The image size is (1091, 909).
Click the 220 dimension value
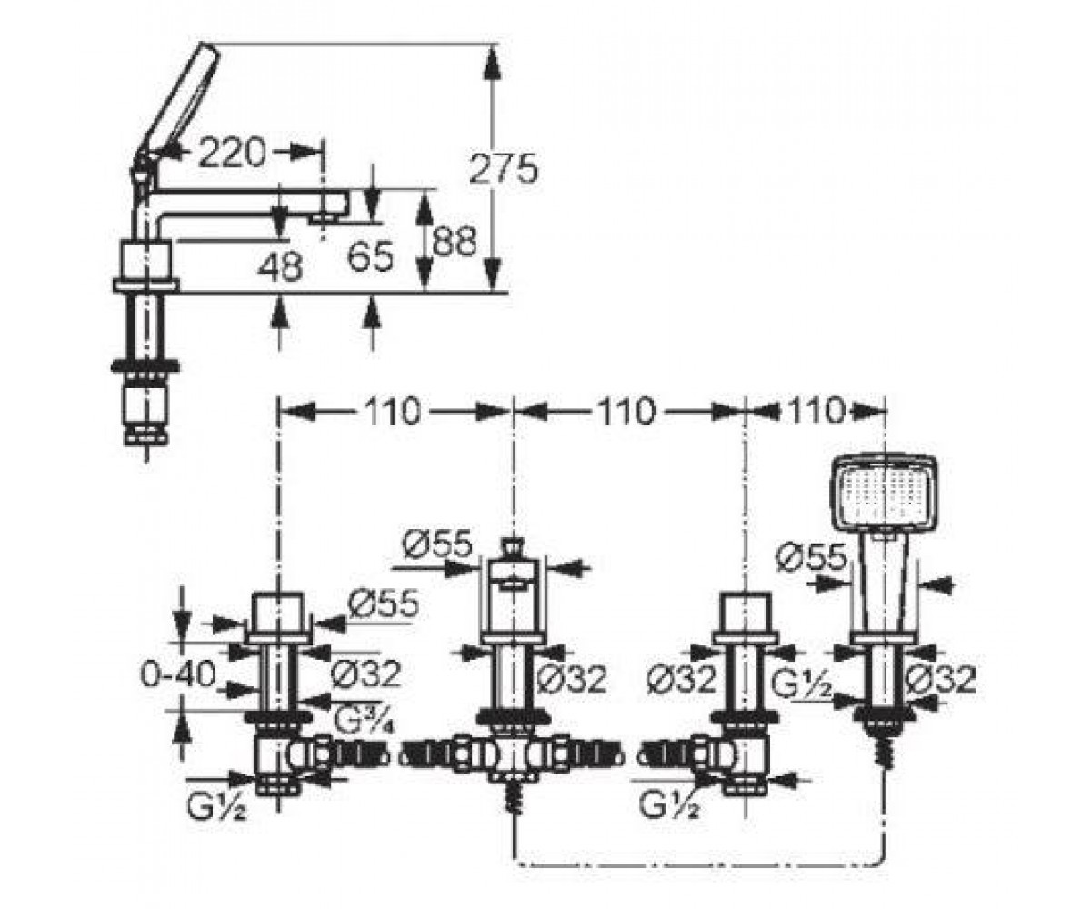click(233, 153)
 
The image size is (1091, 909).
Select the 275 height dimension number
click(503, 168)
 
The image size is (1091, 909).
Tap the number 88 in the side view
click(454, 241)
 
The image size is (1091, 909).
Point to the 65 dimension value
click(370, 256)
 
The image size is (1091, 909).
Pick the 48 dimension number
click(280, 266)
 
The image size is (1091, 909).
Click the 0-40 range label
click(177, 674)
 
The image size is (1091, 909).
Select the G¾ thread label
click(362, 721)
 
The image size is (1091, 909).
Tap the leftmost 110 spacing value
click(392, 411)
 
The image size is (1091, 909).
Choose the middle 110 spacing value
click(625, 411)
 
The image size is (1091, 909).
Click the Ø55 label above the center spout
click(436, 544)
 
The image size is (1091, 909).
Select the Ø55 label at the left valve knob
click(384, 603)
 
